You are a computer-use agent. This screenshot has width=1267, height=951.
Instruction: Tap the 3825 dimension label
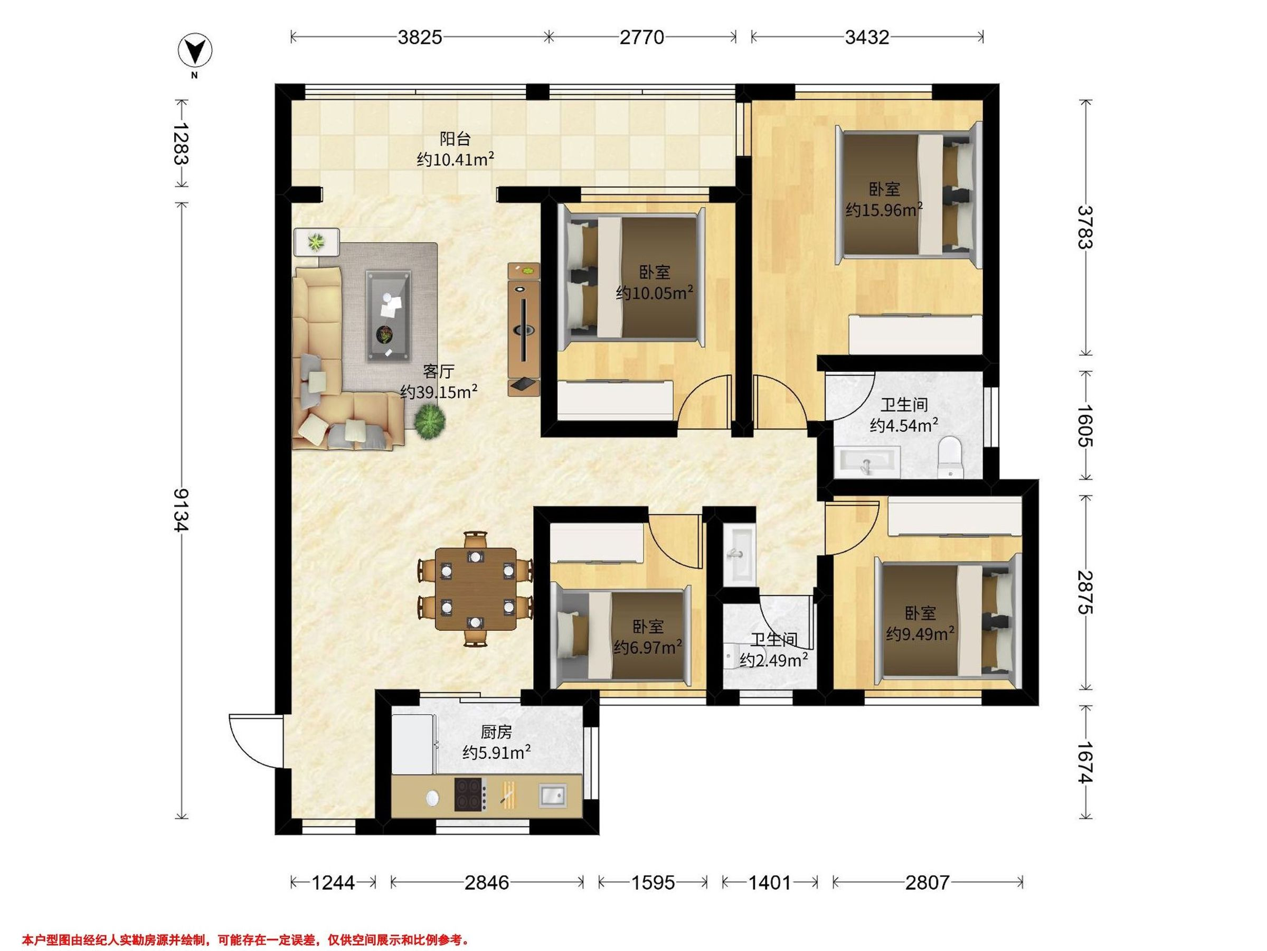coord(420,38)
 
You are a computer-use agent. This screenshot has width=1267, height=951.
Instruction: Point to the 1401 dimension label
coord(770,882)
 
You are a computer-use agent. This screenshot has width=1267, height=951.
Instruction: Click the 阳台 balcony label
coord(456,139)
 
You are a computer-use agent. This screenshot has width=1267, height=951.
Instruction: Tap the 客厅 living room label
coord(439,371)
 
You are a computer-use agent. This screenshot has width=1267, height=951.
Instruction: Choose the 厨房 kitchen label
coord(496,732)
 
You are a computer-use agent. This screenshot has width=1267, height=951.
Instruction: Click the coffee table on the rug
coord(389,315)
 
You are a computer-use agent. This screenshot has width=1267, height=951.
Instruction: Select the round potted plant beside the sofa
coord(430,422)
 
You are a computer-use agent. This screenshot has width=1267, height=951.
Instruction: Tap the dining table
coord(476,589)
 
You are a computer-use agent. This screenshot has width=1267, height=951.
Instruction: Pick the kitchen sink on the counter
coord(553,795)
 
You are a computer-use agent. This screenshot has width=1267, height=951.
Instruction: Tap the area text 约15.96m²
coord(884,210)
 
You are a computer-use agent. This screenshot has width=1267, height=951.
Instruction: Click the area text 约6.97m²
coord(648,647)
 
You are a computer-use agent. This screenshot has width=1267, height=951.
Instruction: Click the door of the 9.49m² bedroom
coord(852,528)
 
